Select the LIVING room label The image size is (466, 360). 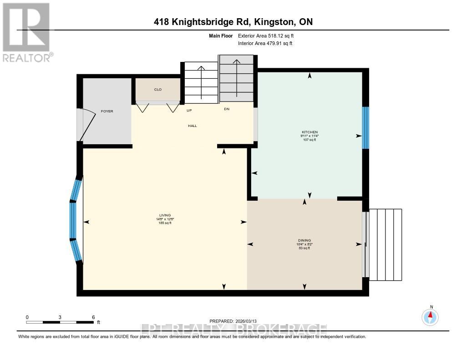165,216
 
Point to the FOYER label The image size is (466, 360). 107,111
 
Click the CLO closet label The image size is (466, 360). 158,90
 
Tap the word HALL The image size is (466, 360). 192,126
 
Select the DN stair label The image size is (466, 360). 226,109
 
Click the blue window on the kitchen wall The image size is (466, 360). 365,127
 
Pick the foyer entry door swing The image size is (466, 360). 86,126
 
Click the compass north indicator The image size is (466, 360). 430,316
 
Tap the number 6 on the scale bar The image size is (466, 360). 93,317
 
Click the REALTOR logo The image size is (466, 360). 26,32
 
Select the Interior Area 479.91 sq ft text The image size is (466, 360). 265,43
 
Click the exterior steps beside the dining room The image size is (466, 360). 385,244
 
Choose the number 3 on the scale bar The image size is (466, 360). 60,317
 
